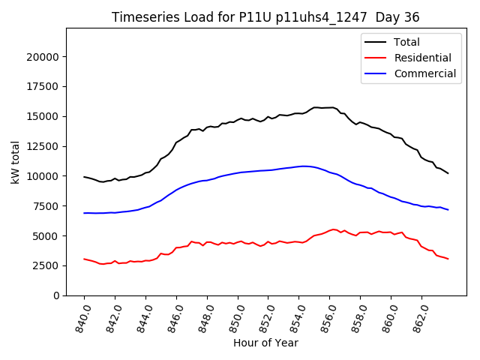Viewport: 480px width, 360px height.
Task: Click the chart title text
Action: click(x=265, y=16)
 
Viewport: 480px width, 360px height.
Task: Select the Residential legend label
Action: click(x=423, y=58)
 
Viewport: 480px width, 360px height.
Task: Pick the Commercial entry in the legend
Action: click(x=425, y=73)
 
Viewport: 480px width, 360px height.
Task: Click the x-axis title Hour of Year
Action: click(x=265, y=343)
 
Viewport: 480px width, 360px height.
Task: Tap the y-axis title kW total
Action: click(x=15, y=162)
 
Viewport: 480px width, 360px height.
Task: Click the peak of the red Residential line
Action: click(x=334, y=229)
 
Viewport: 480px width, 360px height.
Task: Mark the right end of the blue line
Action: click(x=448, y=210)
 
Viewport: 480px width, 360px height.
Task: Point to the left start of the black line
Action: click(x=84, y=177)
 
